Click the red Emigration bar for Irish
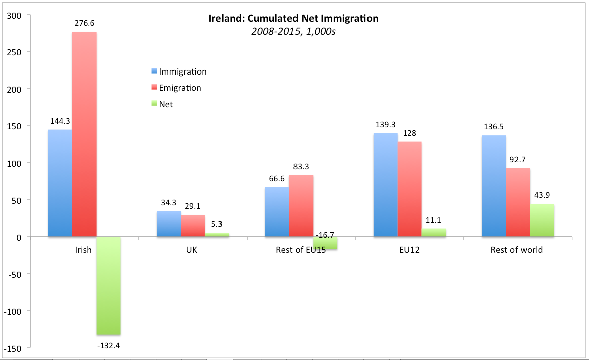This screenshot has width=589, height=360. pos(84,134)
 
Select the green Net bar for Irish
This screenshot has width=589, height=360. pos(108,285)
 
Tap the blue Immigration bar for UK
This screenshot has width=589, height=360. pos(169,224)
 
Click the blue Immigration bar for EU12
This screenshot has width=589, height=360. pos(385,185)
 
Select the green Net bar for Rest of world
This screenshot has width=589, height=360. pos(542,221)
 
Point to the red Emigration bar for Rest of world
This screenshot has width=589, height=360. pos(518,202)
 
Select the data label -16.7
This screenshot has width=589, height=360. pos(325,235)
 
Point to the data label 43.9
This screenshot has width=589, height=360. pos(542,195)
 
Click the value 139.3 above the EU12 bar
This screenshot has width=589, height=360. pos(385,124)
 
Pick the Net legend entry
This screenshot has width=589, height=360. pos(166,104)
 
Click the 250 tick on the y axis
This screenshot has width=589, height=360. pos(16,52)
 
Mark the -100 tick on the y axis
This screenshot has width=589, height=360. pos(14,311)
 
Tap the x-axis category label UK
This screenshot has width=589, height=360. pos(192,250)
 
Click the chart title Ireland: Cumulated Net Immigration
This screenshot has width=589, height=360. pos(293,19)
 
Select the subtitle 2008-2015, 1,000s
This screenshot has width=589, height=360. pos(293,31)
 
